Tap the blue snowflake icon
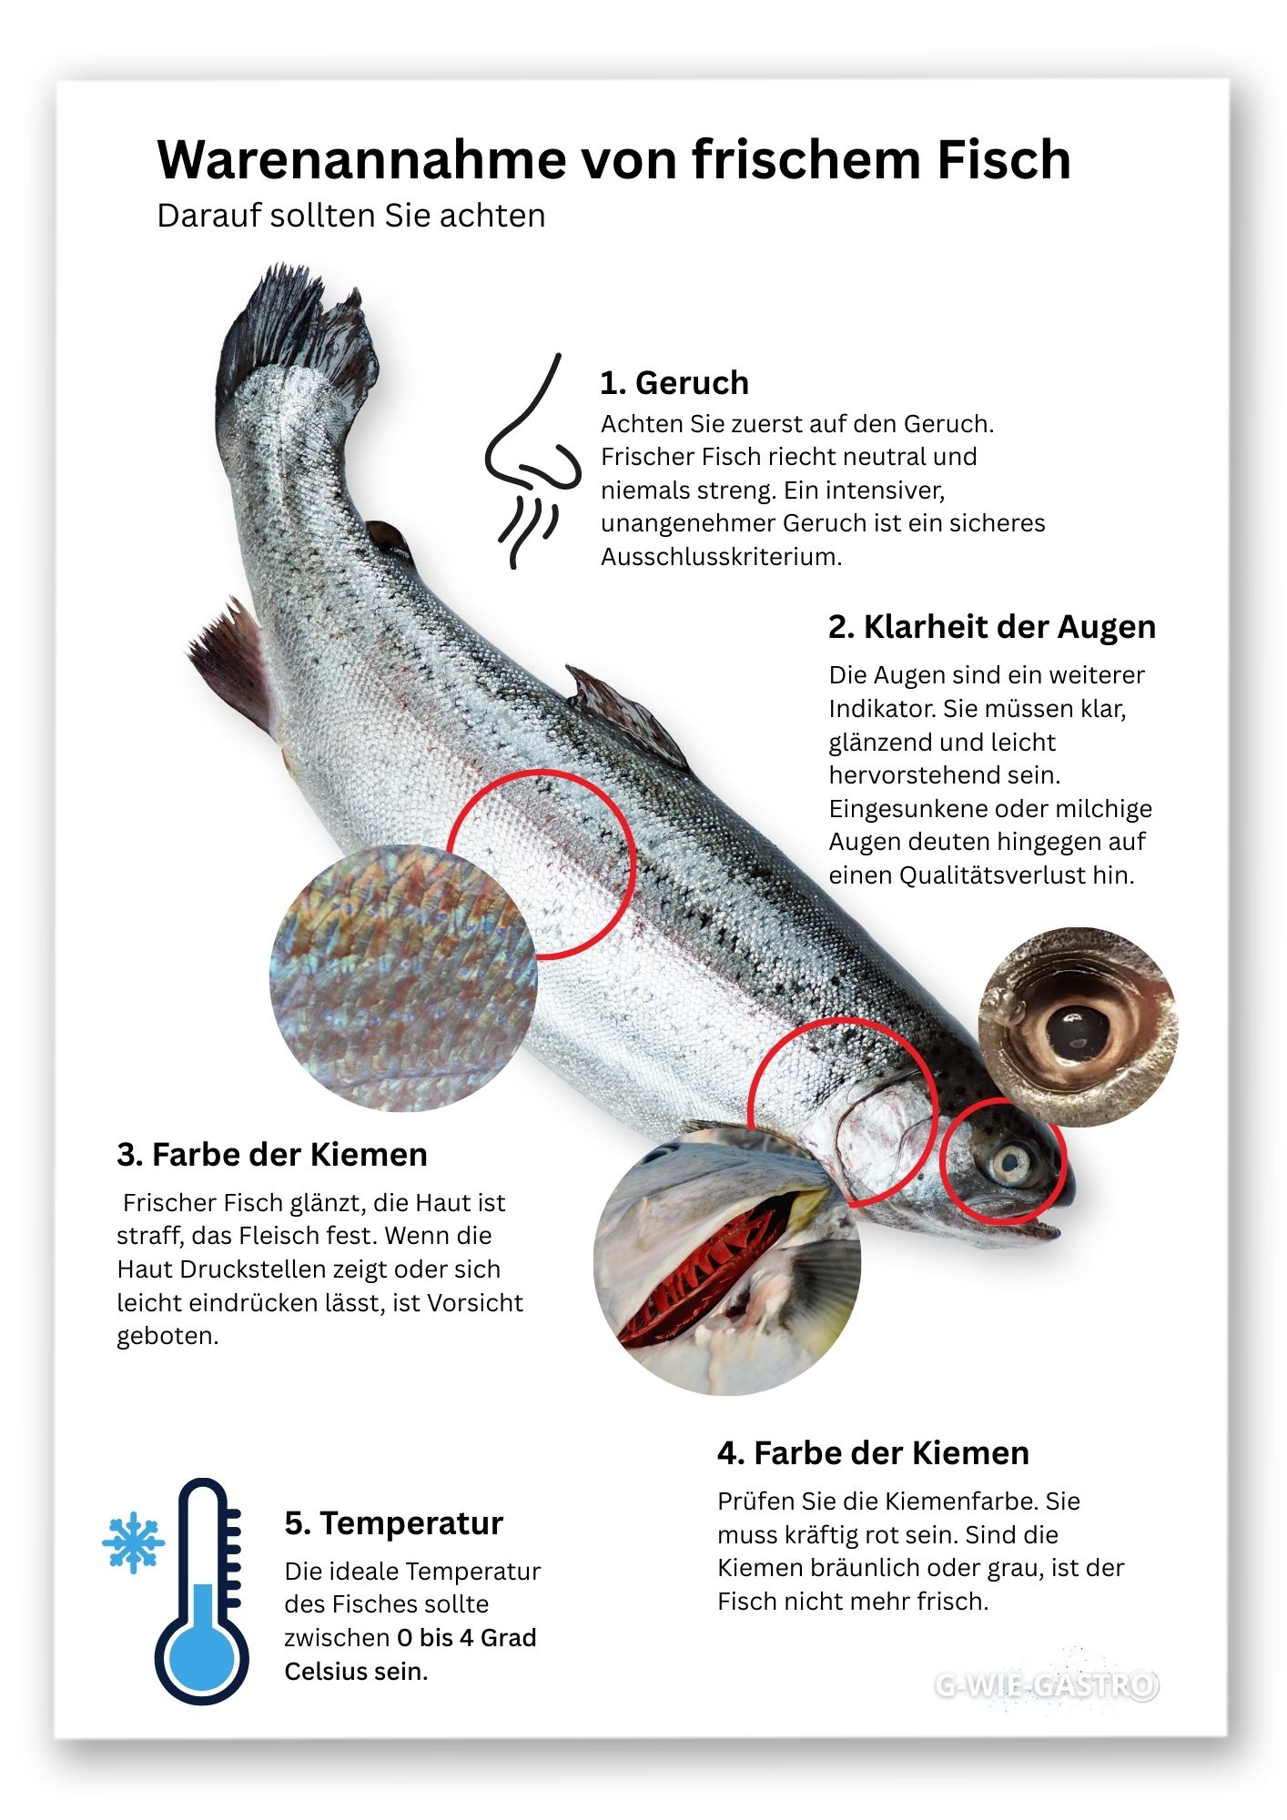pyautogui.click(x=134, y=1543)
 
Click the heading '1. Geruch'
pyautogui.click(x=674, y=383)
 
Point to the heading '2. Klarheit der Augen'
pyautogui.click(x=992, y=627)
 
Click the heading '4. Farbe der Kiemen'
pyautogui.click(x=873, y=1453)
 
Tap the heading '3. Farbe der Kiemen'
pyautogui.click(x=272, y=1155)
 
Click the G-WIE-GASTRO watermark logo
pyautogui.click(x=1047, y=1685)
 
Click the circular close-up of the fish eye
pyautogui.click(x=1078, y=1026)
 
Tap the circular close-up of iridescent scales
pyautogui.click(x=403, y=978)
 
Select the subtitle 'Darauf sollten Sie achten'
pyautogui.click(x=351, y=216)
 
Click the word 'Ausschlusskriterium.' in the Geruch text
pyautogui.click(x=721, y=557)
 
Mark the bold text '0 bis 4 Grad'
pyautogui.click(x=467, y=1638)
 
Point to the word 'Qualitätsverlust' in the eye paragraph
pyautogui.click(x=988, y=875)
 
